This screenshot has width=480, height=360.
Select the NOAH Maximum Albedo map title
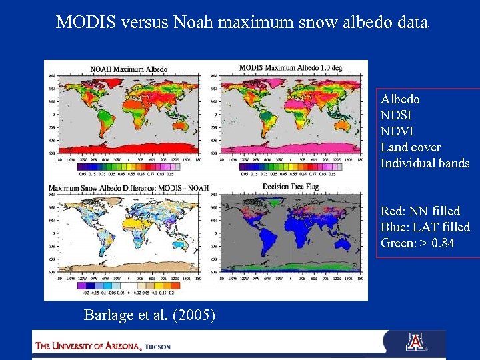pyautogui.click(x=129, y=69)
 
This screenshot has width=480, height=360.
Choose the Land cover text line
pyautogui.click(x=411, y=147)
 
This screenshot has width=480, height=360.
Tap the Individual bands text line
pyautogui.click(x=425, y=163)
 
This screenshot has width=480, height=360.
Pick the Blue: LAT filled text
pyautogui.click(x=425, y=227)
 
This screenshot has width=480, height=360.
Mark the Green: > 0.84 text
pyautogui.click(x=417, y=243)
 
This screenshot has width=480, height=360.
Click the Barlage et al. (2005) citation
pyautogui.click(x=149, y=315)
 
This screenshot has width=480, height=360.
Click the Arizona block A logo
pyautogui.click(x=415, y=342)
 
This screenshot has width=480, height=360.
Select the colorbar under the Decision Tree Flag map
pyautogui.click(x=288, y=285)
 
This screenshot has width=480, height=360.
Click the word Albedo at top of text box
pyautogui.click(x=400, y=99)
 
